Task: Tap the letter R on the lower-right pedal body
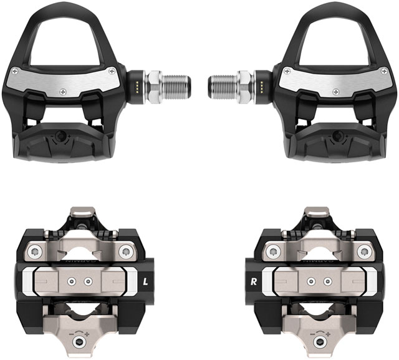pyautogui.click(x=254, y=281)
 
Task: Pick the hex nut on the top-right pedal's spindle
pyautogui.click(x=245, y=82)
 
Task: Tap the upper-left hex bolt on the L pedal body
pyautogui.click(x=34, y=251)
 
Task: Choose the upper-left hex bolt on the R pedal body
pyautogui.click(x=271, y=251)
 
